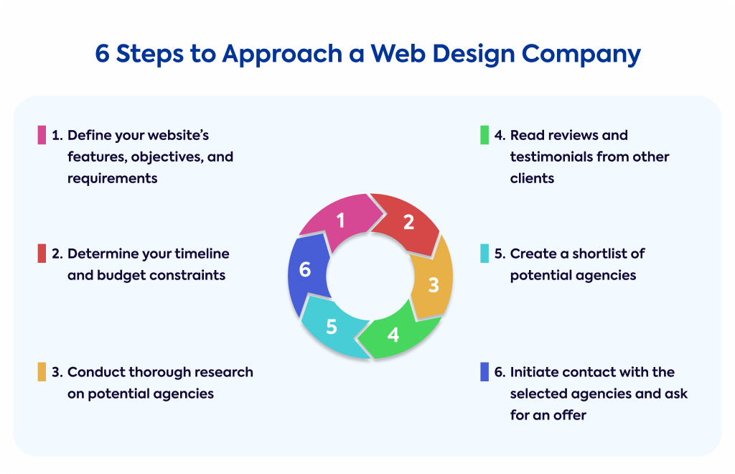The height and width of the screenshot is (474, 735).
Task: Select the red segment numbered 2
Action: pos(408,222)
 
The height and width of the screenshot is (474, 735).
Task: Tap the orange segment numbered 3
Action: pos(433,284)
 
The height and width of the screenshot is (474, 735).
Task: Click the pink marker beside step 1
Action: pos(42,135)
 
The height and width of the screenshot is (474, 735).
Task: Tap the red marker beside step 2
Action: pos(42,254)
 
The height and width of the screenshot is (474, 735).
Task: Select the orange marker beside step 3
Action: pos(42,372)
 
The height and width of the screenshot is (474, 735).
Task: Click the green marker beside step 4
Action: pos(484,135)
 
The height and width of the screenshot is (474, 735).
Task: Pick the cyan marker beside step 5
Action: pos(484,254)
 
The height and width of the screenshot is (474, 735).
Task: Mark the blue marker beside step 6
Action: pos(484,372)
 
